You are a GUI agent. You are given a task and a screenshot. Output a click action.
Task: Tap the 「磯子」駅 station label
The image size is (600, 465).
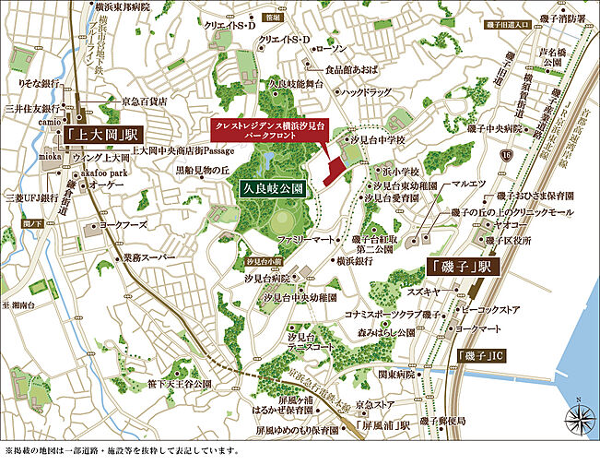[461, 267]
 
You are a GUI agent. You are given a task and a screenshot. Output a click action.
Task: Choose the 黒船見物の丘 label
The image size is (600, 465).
[201, 170]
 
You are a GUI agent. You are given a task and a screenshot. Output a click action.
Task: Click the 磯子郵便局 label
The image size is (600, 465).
[436, 420]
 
